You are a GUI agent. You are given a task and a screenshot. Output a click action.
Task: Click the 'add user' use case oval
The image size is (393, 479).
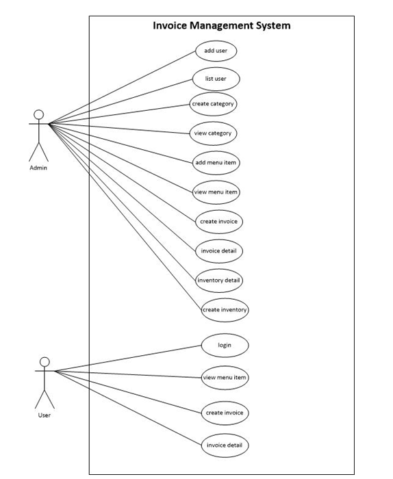point(216,51)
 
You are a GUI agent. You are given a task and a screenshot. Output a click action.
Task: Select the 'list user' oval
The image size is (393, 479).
point(216,79)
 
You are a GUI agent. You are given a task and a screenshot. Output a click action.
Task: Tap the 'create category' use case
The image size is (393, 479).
point(213,104)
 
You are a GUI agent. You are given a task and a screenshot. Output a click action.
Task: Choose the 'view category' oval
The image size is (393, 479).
point(213,133)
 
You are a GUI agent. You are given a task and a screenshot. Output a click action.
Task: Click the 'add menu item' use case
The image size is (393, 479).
point(216,163)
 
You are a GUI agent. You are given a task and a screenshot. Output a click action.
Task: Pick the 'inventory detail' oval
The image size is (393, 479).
point(219,281)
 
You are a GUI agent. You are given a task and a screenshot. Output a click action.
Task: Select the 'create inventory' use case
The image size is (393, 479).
point(225,310)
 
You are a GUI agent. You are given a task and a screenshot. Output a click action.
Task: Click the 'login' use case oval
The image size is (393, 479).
point(225,346)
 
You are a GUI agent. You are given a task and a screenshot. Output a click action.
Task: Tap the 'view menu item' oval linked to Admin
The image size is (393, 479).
point(216,192)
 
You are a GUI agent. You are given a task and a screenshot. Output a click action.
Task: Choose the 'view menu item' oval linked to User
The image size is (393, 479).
point(225,378)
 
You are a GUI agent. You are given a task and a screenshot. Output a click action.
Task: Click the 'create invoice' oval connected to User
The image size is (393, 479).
point(225,413)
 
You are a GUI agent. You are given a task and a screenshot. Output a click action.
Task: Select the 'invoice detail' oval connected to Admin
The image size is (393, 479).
point(219,251)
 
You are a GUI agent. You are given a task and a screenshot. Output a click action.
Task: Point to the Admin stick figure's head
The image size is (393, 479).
point(39,114)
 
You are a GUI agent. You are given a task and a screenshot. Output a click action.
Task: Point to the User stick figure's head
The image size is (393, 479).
point(45,362)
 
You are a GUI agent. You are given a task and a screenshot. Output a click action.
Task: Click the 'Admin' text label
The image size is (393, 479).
point(38,168)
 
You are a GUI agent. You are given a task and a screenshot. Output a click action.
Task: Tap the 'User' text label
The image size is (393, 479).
point(45,415)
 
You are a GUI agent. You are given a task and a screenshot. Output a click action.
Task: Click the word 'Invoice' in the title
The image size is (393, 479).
point(170,25)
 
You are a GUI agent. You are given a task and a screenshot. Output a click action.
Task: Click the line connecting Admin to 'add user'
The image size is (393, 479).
point(123,87)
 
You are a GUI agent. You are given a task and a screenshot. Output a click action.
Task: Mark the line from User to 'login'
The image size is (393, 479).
point(128,359)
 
